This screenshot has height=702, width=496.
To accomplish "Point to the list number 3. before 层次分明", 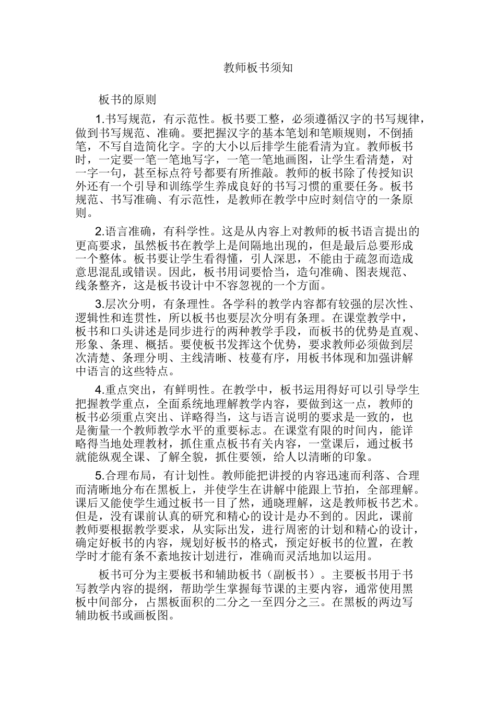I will (x=100, y=305).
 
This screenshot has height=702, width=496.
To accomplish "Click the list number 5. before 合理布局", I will (x=100, y=476).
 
